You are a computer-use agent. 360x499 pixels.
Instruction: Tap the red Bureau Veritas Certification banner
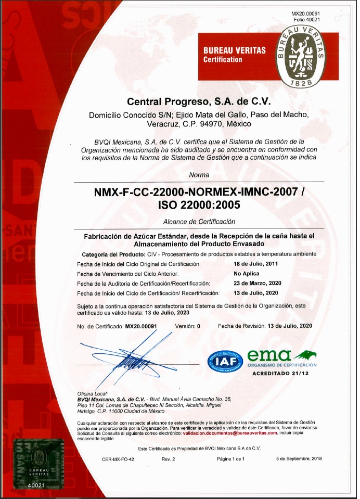[234, 54]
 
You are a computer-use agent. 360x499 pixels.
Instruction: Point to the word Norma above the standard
[199, 175]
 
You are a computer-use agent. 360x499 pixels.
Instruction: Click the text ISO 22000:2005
[199, 205]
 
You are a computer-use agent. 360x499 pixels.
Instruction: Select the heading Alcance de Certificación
[199, 222]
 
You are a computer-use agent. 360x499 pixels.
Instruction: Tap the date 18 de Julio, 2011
[256, 264]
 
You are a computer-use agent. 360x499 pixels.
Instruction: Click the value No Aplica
[247, 273]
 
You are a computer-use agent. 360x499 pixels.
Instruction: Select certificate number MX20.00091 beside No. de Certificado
[142, 326]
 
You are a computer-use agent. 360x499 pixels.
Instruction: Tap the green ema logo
[269, 356]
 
